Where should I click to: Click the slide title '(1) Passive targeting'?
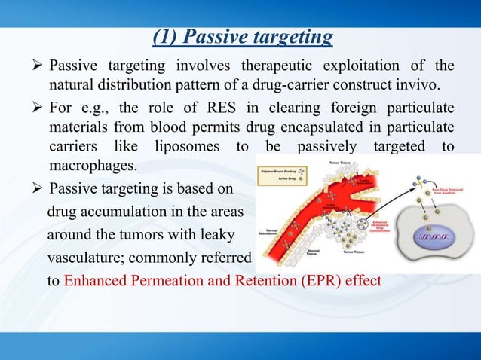(240, 36)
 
